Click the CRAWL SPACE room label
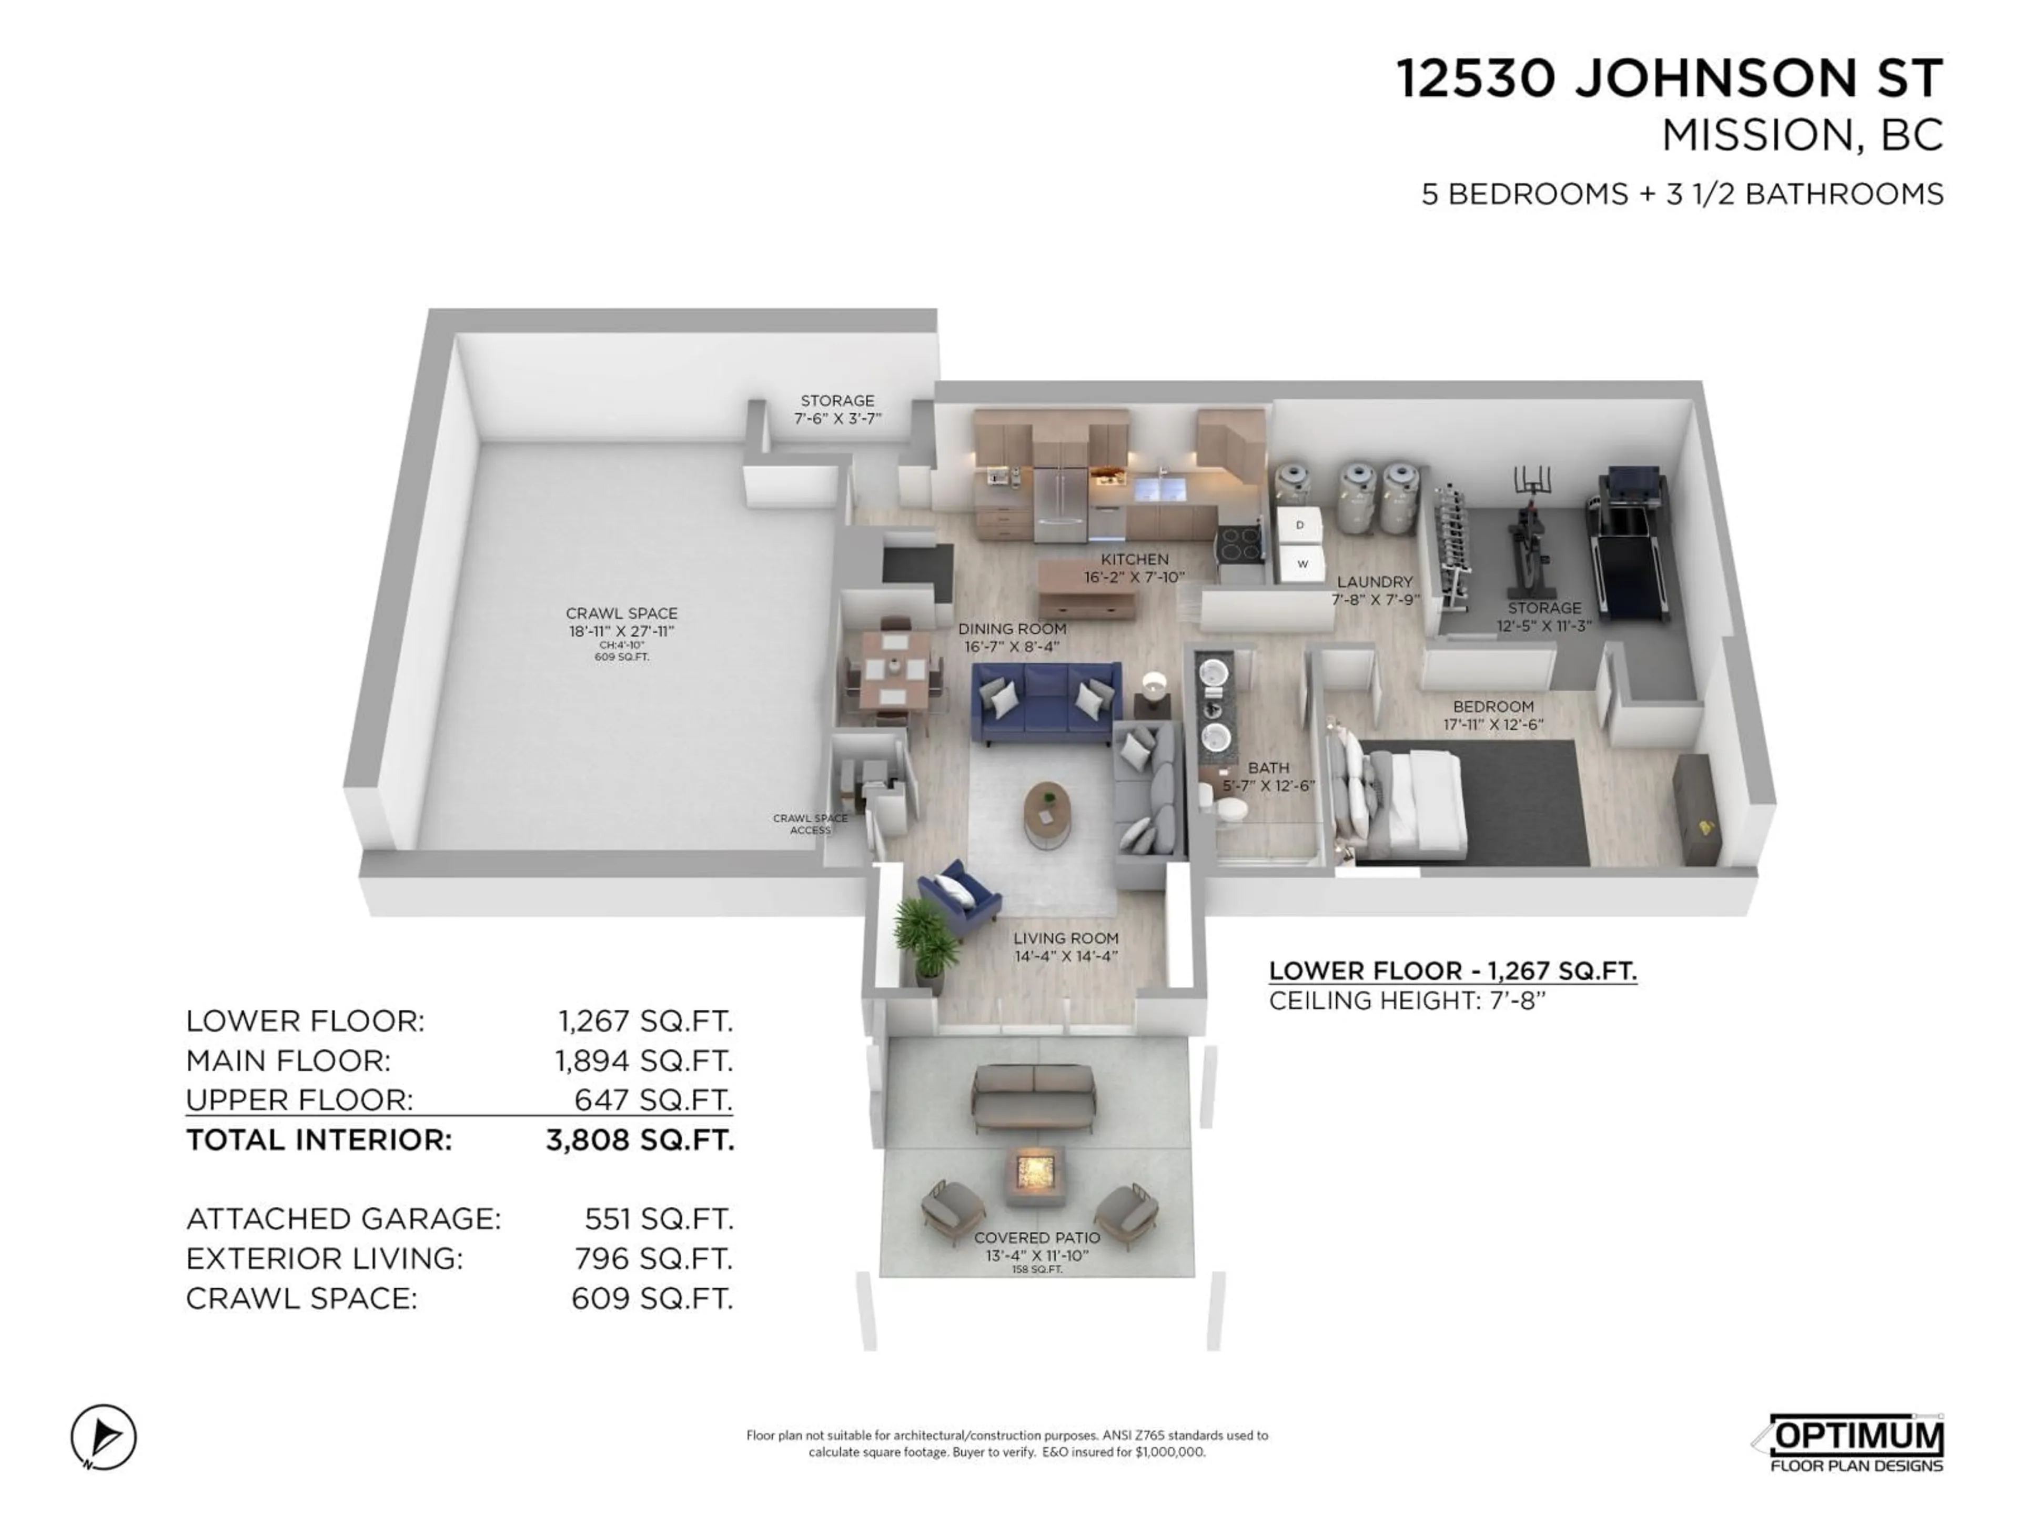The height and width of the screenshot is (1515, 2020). point(621,614)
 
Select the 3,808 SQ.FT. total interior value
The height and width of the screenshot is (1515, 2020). point(639,1140)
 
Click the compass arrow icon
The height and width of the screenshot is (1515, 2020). point(104,1437)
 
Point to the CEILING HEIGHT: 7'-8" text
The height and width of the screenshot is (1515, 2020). point(1406,1001)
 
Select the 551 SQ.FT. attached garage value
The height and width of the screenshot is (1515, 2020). point(658,1219)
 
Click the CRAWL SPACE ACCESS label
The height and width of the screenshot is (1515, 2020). point(810,824)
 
